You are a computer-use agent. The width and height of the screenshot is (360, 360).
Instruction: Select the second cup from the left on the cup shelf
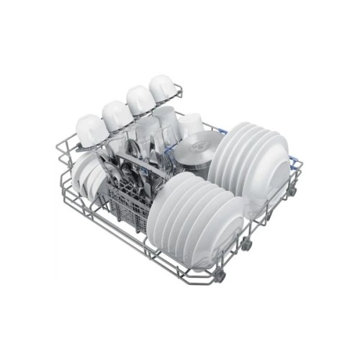(x=117, y=114)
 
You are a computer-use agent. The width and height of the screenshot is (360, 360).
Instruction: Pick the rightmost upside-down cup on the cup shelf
(x=163, y=89)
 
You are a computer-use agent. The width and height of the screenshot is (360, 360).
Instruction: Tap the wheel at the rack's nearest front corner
(x=220, y=276)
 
